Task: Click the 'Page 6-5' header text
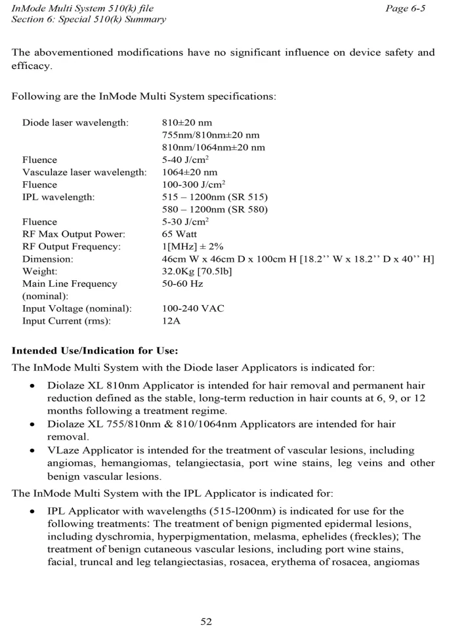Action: pos(409,9)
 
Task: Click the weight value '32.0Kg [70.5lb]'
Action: pos(197,271)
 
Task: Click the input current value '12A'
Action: pos(171,321)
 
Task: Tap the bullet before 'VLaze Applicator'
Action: pos(32,451)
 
